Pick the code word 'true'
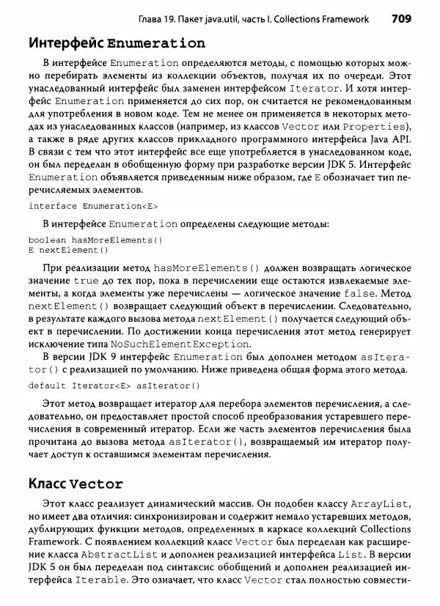[86, 281]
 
